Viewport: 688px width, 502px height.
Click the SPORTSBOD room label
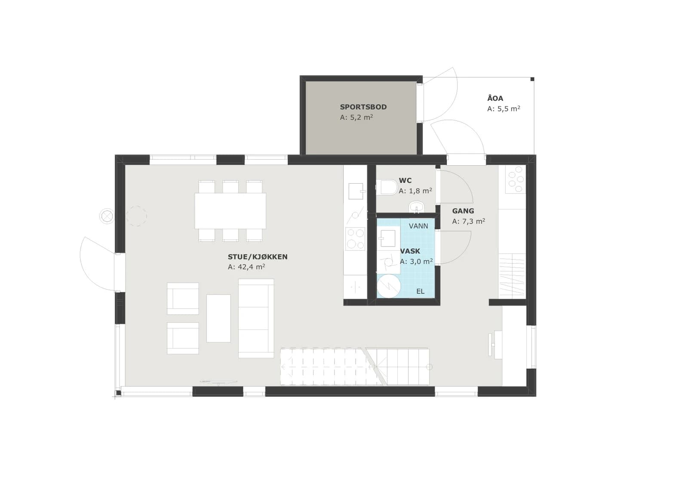[363, 107]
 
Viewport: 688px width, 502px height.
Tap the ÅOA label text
[495, 98]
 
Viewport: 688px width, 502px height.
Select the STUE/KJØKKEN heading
[258, 257]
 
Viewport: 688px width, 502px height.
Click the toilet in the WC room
[387, 187]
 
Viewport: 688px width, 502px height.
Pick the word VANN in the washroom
[418, 226]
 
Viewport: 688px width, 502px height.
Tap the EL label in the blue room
[421, 291]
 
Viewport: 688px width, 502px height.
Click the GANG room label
[463, 211]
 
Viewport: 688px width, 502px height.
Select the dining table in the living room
[230, 211]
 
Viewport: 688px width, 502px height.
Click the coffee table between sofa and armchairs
[218, 318]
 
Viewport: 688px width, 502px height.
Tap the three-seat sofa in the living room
[256, 318]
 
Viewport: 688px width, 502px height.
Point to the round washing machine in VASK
[389, 286]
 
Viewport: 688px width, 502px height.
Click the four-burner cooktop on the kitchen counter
[355, 239]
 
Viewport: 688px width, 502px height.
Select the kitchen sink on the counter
[356, 191]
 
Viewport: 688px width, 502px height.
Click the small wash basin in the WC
[417, 207]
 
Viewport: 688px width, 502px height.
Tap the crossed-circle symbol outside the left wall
[107, 216]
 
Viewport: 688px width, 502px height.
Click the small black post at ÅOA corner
[532, 79]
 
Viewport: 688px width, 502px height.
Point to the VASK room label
[410, 251]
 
